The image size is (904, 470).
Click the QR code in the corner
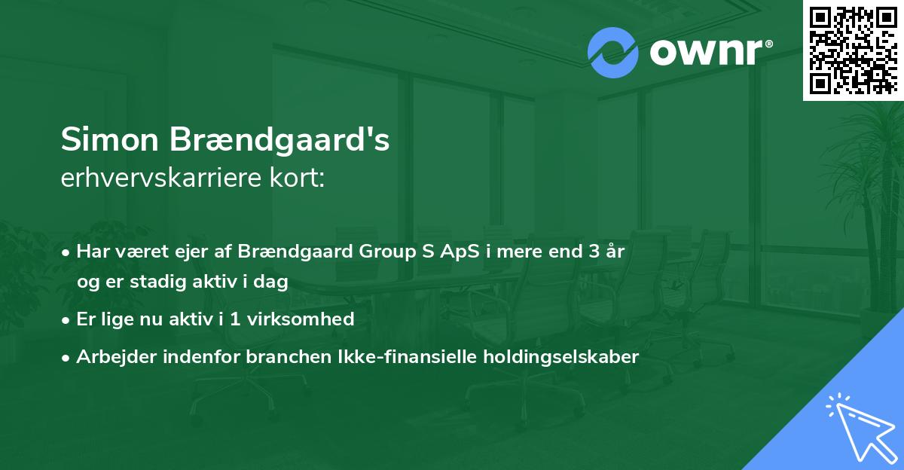click(853, 50)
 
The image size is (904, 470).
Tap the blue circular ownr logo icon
click(612, 53)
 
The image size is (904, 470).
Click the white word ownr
click(706, 52)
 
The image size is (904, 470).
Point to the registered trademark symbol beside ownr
click(768, 44)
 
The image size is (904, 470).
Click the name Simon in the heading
click(110, 139)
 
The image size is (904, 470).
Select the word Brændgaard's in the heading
click(279, 140)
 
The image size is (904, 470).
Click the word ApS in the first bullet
click(460, 252)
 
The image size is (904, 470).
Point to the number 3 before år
click(594, 251)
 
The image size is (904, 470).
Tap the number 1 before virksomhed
click(235, 319)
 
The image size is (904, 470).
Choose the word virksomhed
click(301, 319)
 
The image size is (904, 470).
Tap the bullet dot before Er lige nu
click(66, 321)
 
